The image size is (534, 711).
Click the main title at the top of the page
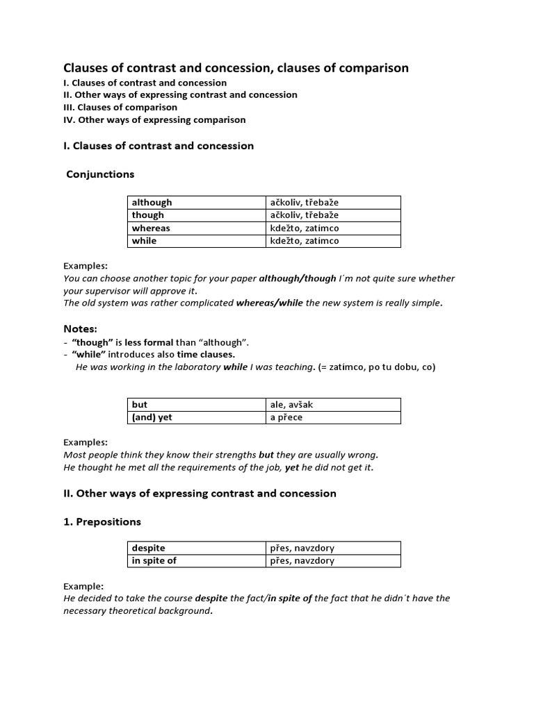[x=236, y=68]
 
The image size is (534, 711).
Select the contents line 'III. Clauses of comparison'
[x=120, y=107]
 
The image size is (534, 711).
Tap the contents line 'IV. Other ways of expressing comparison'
[x=154, y=119]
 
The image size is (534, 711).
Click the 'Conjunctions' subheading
[x=100, y=174]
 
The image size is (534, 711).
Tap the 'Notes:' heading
[x=81, y=328]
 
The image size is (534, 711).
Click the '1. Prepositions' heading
[x=102, y=521]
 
